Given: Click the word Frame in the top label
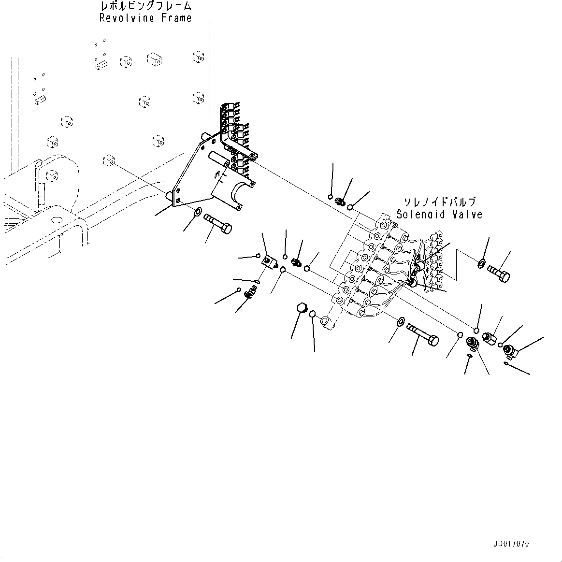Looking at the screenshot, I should pyautogui.click(x=176, y=18).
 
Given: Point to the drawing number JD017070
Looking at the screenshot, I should pyautogui.click(x=511, y=544).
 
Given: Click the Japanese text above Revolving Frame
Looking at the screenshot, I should pyautogui.click(x=145, y=6).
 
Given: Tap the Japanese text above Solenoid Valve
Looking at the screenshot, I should pyautogui.click(x=440, y=202).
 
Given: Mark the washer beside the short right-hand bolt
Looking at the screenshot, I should pyautogui.click(x=482, y=263).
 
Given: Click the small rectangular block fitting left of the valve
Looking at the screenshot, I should pyautogui.click(x=268, y=262).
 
